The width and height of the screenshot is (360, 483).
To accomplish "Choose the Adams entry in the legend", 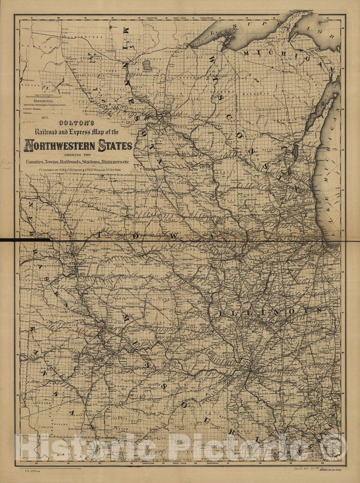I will [30, 113].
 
